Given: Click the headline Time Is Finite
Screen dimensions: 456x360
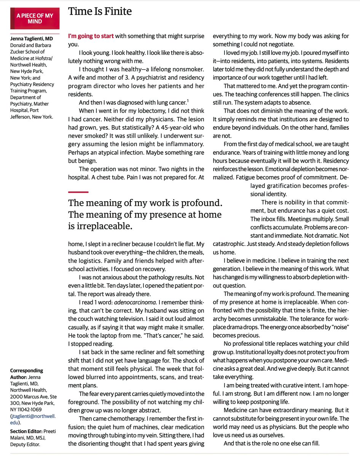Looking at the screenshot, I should tap(100, 11).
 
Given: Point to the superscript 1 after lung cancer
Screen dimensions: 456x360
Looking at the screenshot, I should tap(187, 100).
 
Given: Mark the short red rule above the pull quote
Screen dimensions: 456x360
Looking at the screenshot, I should tap(78, 191).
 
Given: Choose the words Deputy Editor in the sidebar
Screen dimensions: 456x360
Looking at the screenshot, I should tap(26, 444).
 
